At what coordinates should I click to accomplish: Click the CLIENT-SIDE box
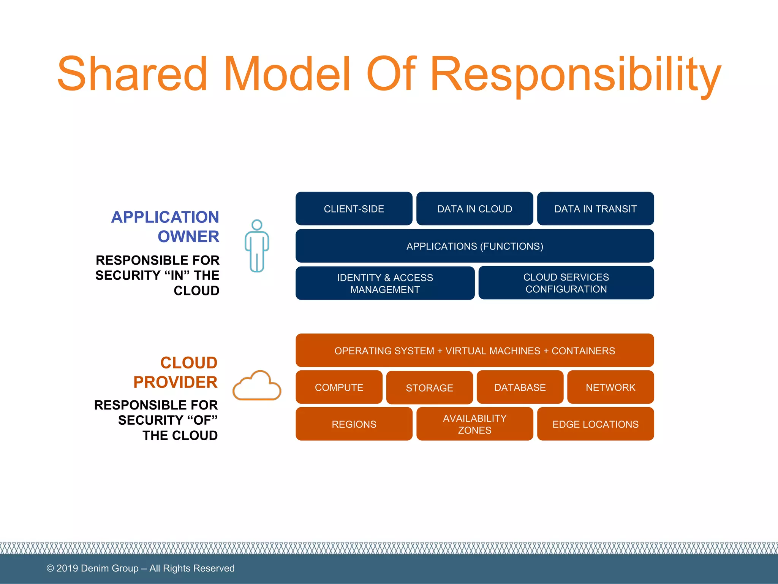(354, 209)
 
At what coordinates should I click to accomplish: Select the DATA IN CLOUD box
(474, 209)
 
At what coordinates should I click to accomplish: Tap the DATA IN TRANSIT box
(595, 209)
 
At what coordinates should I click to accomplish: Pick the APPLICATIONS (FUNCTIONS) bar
(474, 246)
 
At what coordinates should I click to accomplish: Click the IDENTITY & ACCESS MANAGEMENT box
(385, 283)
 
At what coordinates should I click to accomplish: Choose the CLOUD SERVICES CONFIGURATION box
(566, 283)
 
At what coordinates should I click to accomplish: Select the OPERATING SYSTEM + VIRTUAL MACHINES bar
(474, 351)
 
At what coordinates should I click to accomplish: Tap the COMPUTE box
(339, 387)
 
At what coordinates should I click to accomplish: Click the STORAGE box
(429, 388)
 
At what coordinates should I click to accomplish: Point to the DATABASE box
(520, 387)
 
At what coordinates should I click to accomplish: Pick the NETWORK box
(610, 387)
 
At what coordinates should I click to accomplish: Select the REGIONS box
(354, 424)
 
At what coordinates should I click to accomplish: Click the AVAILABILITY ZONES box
(474, 424)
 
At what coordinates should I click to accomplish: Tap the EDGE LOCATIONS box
(595, 424)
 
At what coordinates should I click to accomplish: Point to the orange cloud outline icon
(257, 386)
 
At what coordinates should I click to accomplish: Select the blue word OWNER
(188, 236)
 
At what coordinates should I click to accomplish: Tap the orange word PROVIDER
(175, 382)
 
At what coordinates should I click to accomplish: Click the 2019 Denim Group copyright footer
(140, 568)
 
